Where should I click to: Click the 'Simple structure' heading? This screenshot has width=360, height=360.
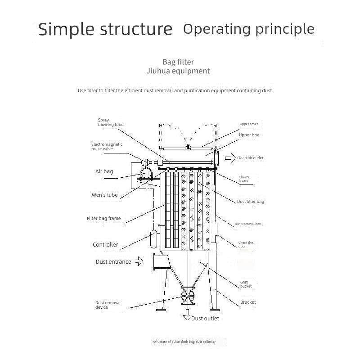[x=105, y=29]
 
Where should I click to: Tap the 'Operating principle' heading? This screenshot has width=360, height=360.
[x=249, y=29]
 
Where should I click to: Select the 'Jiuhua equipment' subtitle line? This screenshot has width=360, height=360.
[x=178, y=71]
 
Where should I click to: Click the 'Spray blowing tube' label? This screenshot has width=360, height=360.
[x=111, y=122]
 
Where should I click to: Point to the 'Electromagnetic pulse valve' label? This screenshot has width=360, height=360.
[x=107, y=146]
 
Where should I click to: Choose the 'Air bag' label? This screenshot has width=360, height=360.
[x=104, y=171]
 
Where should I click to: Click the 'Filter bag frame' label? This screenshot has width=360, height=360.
[x=103, y=218]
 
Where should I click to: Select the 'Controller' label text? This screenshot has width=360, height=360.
[x=105, y=245]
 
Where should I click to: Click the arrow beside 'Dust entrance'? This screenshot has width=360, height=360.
[x=140, y=261]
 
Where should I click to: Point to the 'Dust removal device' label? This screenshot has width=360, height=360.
[x=108, y=305]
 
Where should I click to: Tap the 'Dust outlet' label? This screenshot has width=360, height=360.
[x=205, y=319]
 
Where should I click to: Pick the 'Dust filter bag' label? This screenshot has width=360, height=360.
[x=251, y=202]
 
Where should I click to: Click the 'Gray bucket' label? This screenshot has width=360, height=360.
[x=246, y=284]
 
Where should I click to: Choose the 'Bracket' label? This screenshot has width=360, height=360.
[x=248, y=302]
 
